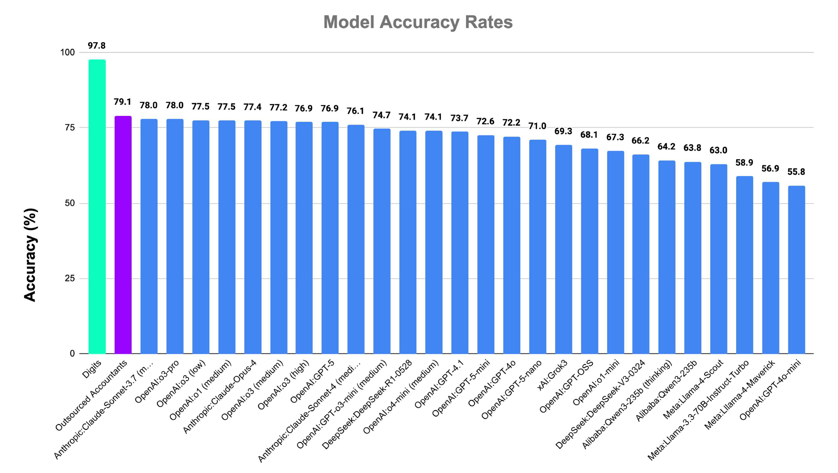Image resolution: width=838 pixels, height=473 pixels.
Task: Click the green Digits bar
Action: (97, 206)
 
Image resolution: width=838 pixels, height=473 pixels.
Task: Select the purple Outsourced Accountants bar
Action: (123, 235)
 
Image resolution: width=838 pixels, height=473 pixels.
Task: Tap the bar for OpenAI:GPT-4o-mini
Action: (796, 269)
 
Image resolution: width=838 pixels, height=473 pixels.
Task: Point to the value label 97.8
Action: (97, 46)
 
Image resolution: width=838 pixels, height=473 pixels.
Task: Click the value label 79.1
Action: (122, 102)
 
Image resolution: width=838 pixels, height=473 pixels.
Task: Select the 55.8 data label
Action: (796, 172)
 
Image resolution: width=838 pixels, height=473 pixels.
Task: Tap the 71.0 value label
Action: (537, 126)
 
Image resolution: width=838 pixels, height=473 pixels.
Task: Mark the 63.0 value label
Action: (718, 150)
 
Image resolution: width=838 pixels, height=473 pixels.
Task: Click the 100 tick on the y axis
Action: (67, 53)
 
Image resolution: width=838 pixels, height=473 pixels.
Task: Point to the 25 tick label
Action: (70, 279)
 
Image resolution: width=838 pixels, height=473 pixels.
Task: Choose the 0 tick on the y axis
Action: (72, 353)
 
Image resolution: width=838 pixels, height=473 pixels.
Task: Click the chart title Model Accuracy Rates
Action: (418, 22)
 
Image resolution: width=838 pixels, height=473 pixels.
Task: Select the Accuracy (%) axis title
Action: (30, 255)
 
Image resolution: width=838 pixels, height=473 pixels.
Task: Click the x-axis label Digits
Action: (92, 369)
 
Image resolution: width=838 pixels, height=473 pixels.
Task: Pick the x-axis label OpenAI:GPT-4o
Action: (492, 383)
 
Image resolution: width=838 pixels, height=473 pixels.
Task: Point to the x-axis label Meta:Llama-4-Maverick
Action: (740, 394)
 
